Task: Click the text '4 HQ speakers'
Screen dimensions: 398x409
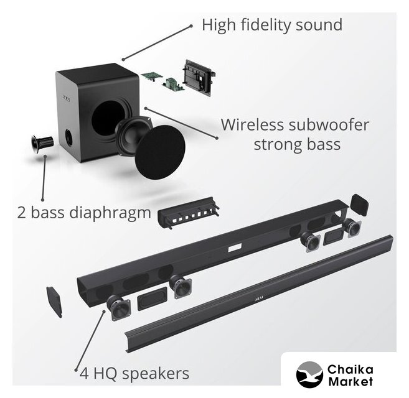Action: [133, 374]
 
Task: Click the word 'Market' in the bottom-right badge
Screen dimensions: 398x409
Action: [350, 381]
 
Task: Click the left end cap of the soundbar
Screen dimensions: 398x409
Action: [54, 301]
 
